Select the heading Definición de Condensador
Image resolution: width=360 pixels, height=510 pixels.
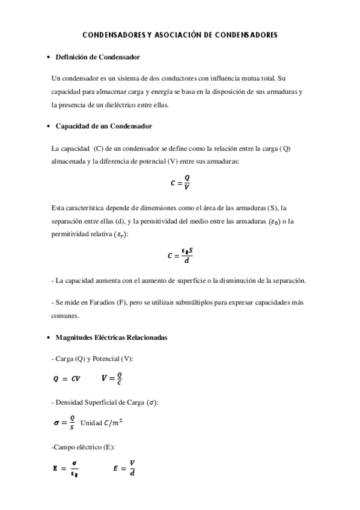(x=97, y=57)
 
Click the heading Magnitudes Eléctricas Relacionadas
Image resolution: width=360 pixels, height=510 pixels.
(x=111, y=338)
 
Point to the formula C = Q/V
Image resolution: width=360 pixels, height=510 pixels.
(x=180, y=183)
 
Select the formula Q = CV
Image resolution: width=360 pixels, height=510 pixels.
(x=67, y=379)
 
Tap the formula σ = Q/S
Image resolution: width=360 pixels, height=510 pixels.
(x=64, y=423)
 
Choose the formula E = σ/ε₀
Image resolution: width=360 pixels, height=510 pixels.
(x=65, y=467)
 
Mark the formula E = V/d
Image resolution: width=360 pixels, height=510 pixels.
(x=124, y=467)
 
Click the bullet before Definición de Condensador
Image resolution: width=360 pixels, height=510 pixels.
(x=48, y=58)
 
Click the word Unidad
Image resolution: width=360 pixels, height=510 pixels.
(x=91, y=423)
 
